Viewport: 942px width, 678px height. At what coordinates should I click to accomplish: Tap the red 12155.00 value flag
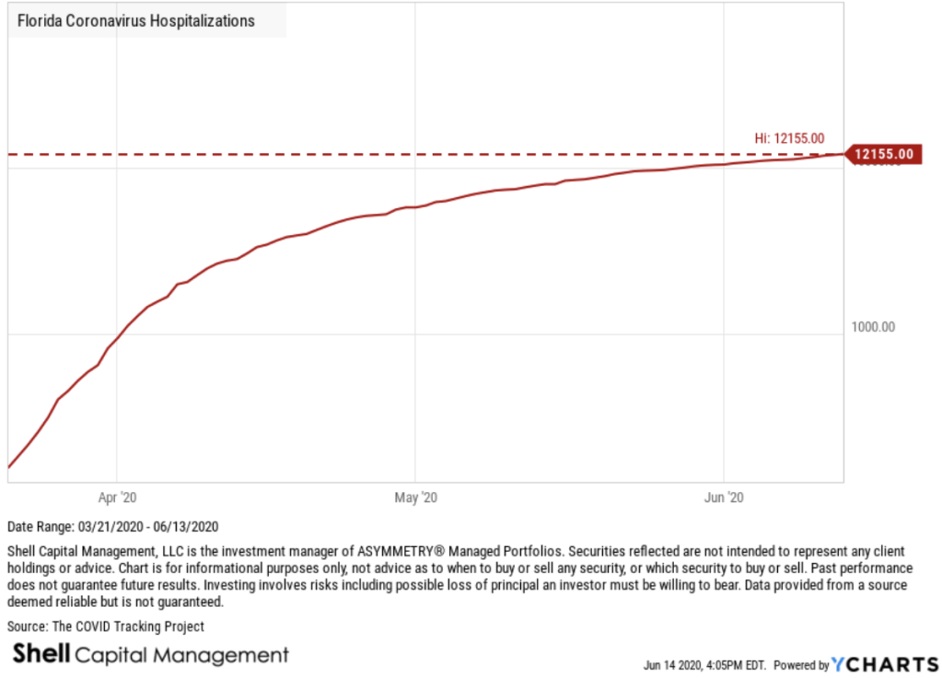click(x=883, y=154)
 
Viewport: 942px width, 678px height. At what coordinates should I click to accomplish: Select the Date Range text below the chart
click(x=112, y=527)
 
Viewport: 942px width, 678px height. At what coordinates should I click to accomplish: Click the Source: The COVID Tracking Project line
click(x=105, y=626)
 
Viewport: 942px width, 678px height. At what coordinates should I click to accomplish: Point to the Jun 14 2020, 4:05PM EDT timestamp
click(x=704, y=664)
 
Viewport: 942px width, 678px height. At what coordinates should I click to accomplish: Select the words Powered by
click(x=801, y=664)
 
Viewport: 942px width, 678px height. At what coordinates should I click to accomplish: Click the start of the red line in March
click(x=8, y=467)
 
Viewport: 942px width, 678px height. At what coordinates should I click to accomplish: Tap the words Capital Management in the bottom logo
click(x=182, y=656)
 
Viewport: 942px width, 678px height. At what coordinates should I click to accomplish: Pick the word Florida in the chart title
click(x=38, y=20)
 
